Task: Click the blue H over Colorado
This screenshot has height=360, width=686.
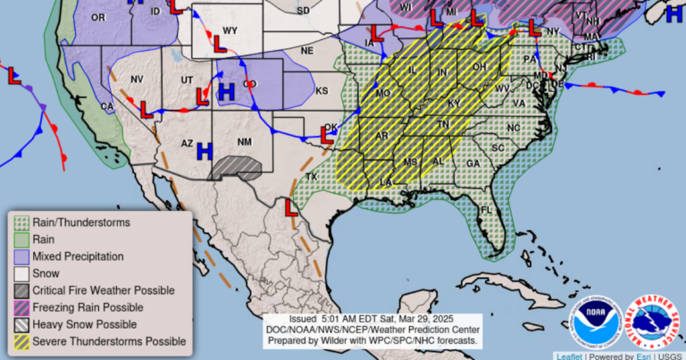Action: (x=227, y=91)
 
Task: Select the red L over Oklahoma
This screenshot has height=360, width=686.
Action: (x=327, y=138)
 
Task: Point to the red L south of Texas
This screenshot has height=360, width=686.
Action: (x=291, y=207)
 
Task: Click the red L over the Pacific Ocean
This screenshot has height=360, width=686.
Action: (x=14, y=78)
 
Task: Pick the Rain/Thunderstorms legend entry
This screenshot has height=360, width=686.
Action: (x=81, y=222)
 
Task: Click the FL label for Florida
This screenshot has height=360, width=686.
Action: (x=486, y=211)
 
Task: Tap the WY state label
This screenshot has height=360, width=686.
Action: (x=230, y=30)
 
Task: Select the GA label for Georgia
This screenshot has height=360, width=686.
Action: (x=472, y=163)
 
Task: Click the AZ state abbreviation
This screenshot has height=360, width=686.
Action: (x=187, y=143)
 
